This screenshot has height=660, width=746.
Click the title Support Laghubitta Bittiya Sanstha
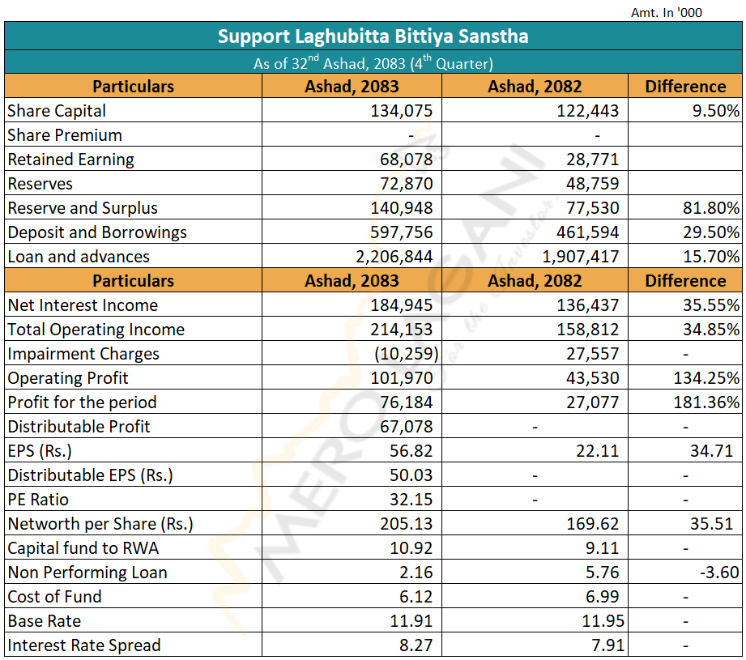point(373,36)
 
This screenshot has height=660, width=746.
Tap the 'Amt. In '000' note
point(666,12)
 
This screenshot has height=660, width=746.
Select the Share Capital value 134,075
point(402,111)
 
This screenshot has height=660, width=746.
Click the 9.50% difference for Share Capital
point(716,111)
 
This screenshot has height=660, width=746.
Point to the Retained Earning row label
point(71,160)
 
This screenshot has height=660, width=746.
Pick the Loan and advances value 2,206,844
point(394,257)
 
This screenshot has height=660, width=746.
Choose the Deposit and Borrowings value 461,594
point(588,232)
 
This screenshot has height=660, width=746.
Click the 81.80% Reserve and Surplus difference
point(711,208)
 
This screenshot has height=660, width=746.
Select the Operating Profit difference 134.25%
point(706,378)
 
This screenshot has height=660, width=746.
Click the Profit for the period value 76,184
point(407,402)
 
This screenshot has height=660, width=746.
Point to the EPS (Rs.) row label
point(40,451)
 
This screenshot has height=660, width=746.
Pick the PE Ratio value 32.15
point(411,500)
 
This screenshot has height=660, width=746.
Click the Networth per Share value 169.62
point(593,523)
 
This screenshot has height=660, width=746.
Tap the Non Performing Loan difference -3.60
point(719,572)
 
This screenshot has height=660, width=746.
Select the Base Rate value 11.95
point(603,621)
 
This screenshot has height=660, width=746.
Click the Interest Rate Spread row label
point(84,645)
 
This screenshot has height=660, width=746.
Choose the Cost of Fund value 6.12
point(416,596)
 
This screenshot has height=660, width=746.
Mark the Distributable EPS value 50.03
point(411,475)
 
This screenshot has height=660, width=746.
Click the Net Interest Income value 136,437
point(588,305)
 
